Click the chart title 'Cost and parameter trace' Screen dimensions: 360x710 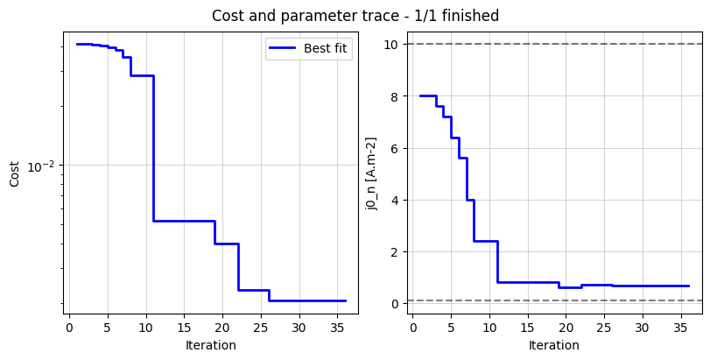coord(355,16)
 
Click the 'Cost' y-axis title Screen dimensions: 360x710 coord(14,173)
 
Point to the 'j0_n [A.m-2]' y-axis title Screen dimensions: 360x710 coord(371,173)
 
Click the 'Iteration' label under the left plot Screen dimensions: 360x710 coord(210,345)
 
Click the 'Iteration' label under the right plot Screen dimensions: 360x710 coord(554,345)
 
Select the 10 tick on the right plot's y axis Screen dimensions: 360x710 coord(391,44)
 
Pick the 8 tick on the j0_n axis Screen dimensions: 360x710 coord(395,96)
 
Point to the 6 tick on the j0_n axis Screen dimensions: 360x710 coord(395,148)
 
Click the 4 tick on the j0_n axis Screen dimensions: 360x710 coord(395,200)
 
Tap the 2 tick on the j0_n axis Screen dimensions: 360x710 coord(395,251)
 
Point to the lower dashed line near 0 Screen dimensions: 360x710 coord(613,300)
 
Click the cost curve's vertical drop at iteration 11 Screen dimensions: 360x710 coord(153,149)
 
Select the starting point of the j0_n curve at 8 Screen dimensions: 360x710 coord(421,95)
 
